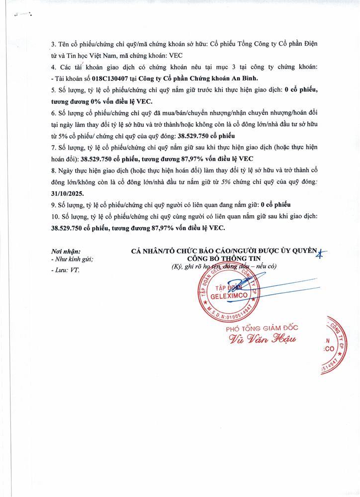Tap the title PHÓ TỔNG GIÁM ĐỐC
[x=258, y=329]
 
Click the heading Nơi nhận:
[x=66, y=252]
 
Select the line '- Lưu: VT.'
[x=65, y=270]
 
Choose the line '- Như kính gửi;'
[x=73, y=259]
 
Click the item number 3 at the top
[x=53, y=45]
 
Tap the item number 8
[x=53, y=170]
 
